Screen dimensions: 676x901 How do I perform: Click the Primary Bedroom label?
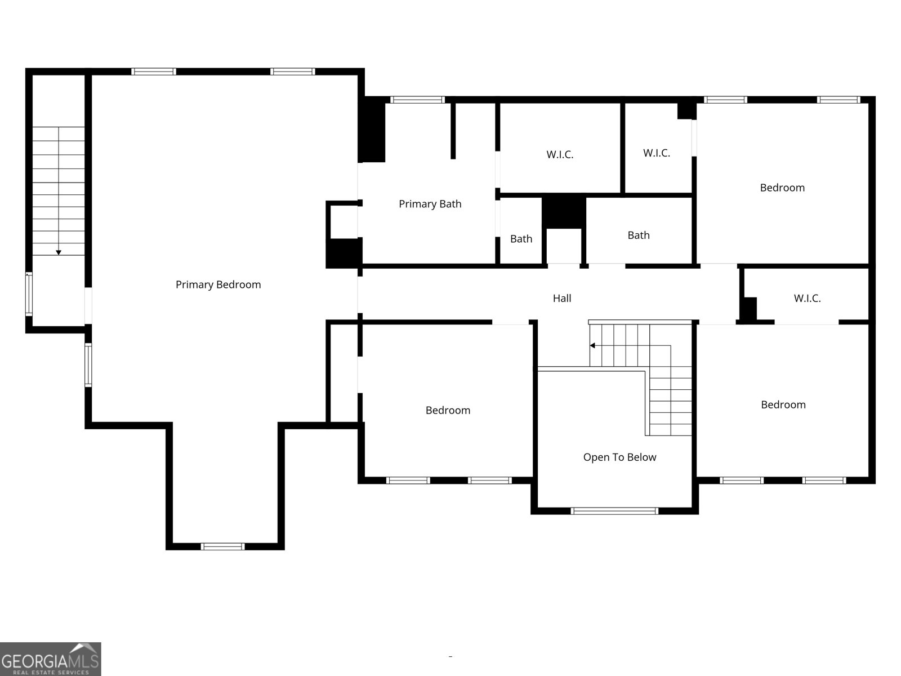[x=218, y=284]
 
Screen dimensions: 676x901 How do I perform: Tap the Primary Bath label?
[x=430, y=204]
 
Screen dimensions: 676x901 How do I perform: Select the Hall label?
[x=561, y=299]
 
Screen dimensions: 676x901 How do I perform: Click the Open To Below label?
[x=619, y=457]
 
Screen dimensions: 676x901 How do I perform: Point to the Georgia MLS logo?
[x=50, y=659]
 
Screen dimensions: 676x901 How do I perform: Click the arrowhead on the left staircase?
[x=59, y=252]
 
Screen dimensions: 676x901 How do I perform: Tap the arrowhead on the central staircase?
[x=592, y=345]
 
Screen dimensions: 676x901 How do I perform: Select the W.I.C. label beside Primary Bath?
[x=560, y=154]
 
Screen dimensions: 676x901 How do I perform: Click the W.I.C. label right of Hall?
[x=807, y=299]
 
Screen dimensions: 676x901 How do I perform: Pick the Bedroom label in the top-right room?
[x=782, y=188]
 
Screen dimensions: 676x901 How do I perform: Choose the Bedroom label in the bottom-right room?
[x=783, y=404]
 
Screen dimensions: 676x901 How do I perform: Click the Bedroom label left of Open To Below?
[x=448, y=410]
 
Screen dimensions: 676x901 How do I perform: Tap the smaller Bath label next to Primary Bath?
[x=521, y=239]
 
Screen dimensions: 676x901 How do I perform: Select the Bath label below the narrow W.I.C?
[x=639, y=235]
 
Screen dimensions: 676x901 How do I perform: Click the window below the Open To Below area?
[x=614, y=511]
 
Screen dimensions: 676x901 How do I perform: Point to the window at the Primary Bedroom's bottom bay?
[x=223, y=546]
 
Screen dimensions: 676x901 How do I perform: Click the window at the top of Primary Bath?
[x=417, y=100]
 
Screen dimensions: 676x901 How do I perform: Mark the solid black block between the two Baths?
[x=564, y=211]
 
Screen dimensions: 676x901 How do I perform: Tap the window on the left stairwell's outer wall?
[x=29, y=293]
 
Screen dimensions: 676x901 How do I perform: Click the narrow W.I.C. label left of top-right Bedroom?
[x=657, y=153]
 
